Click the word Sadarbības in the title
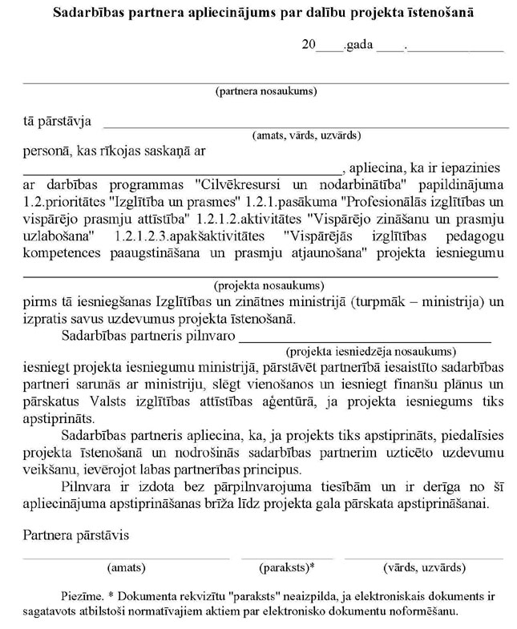click(x=87, y=14)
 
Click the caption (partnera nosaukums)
click(x=266, y=91)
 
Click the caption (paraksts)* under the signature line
click(x=287, y=567)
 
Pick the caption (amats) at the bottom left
click(x=127, y=567)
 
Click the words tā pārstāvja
click(x=56, y=122)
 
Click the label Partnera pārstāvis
click(x=76, y=534)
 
